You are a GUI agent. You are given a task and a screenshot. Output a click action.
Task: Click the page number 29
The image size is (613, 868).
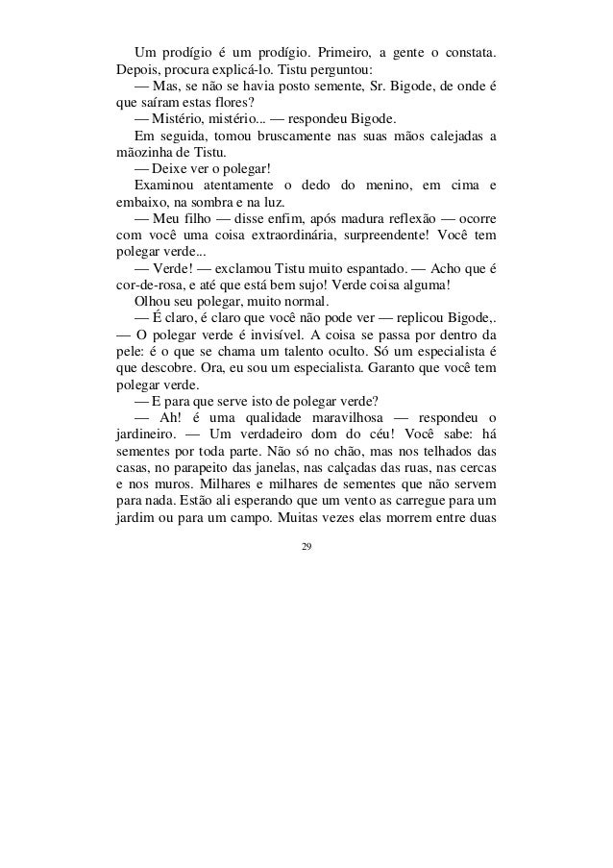point(306,548)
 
